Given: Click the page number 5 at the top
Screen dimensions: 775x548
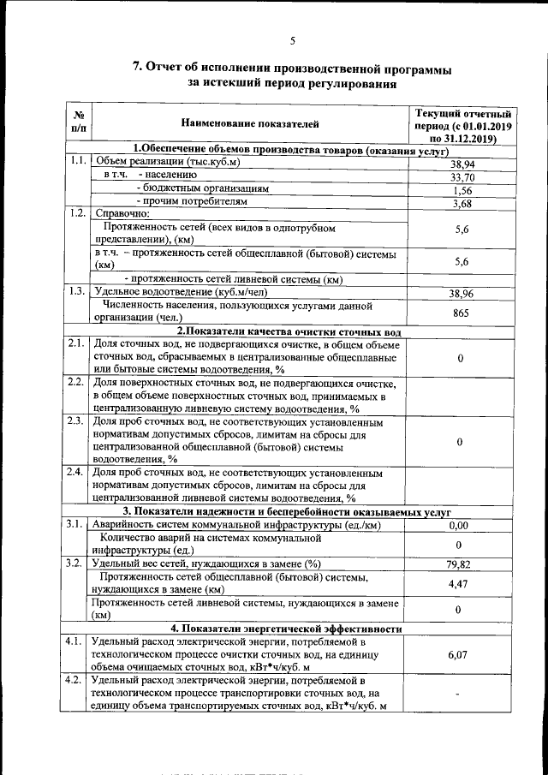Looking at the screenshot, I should [292, 40].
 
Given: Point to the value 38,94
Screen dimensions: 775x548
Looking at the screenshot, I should [462, 164].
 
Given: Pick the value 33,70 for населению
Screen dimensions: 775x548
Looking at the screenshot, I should [462, 177].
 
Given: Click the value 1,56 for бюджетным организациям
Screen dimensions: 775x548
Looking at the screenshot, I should [462, 190].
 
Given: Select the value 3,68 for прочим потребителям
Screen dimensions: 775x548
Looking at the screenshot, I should [462, 204].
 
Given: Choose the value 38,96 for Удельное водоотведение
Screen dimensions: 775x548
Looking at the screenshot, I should [462, 294].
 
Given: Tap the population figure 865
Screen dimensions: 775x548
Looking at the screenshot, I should [462, 313].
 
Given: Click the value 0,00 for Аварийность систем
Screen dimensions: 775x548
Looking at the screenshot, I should [460, 526].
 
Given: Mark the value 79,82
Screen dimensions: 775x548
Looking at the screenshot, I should [461, 564].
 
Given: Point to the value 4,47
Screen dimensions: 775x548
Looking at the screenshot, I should [462, 584].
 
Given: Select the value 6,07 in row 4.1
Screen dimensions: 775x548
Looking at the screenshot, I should [461, 655].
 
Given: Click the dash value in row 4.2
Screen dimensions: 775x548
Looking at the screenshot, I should [462, 695].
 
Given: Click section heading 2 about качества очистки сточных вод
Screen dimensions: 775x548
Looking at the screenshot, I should [289, 331].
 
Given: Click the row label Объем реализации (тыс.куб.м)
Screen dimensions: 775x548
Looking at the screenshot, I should [168, 161].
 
